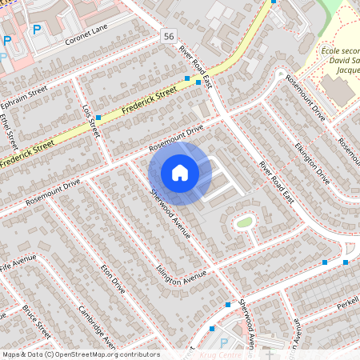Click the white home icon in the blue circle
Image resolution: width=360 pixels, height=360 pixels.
click(180, 172)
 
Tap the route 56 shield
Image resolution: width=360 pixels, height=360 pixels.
click(167, 37)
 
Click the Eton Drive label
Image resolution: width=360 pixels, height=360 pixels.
click(113, 274)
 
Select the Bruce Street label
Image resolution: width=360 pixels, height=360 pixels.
click(37, 321)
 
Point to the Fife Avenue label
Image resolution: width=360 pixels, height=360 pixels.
click(18, 264)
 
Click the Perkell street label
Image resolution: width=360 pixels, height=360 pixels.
click(347, 304)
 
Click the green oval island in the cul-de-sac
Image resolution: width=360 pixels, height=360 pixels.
click(244, 222)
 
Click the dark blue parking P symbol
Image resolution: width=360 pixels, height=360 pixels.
click(36, 30)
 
